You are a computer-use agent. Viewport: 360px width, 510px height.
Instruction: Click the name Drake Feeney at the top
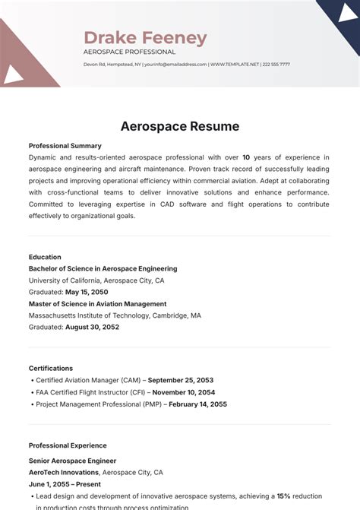[x=145, y=38]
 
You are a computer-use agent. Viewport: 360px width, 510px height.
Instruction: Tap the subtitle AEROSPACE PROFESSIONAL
[x=129, y=52]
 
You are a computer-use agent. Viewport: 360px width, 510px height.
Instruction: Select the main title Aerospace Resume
[x=180, y=126]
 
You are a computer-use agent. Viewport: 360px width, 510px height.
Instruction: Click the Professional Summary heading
[x=65, y=146]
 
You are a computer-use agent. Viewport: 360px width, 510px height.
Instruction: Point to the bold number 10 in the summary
[x=246, y=157]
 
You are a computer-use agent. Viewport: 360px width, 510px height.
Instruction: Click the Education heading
[x=45, y=257]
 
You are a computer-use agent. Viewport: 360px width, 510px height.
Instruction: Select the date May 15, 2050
[x=87, y=292]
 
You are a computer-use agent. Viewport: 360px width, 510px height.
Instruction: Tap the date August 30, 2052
[x=92, y=327]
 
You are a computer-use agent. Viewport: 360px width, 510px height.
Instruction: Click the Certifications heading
[x=51, y=368]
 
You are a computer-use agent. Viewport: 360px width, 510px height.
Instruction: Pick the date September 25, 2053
[x=181, y=380]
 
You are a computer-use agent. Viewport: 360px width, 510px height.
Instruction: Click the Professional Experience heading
[x=68, y=445]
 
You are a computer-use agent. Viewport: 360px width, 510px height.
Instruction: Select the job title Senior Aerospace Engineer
[x=73, y=461]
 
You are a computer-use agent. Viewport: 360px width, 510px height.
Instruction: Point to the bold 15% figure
[x=283, y=496]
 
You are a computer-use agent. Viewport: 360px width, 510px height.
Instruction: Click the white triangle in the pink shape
[x=13, y=74]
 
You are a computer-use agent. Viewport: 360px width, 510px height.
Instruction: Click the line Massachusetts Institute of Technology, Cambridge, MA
[x=115, y=315]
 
